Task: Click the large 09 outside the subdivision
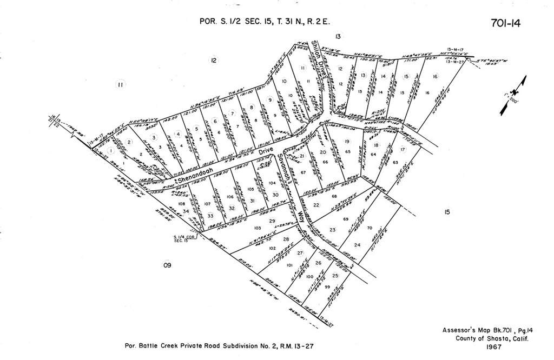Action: (167, 265)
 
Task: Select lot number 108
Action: (181, 204)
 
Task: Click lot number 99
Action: (327, 286)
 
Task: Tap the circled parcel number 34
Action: (186, 211)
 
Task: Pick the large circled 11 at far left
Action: (121, 84)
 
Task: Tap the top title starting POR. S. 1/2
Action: (264, 22)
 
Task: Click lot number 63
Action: (395, 162)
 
